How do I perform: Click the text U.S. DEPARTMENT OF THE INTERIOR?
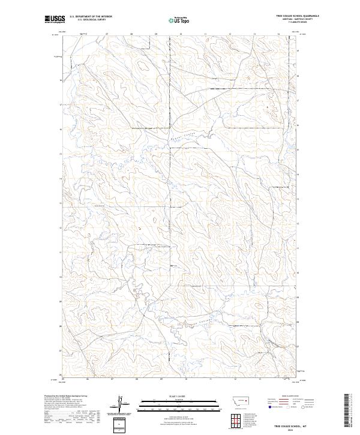coord(91,17)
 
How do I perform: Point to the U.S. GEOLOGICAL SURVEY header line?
coord(91,20)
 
